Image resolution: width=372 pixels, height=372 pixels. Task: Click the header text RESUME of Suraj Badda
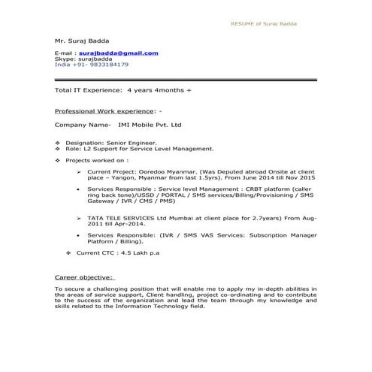click(x=263, y=24)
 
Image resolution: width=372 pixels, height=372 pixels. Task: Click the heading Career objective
click(x=84, y=276)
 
